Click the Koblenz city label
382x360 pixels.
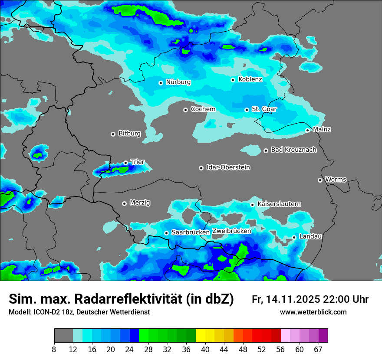(250, 79)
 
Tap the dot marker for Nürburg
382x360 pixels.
(161, 83)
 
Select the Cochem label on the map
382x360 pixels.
(203, 109)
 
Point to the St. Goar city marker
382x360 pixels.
(247, 110)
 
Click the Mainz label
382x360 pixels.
(322, 129)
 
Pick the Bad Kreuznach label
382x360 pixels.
(293, 150)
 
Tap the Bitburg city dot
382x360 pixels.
(113, 134)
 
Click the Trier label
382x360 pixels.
(138, 162)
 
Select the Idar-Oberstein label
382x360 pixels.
(228, 167)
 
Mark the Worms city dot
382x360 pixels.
(320, 180)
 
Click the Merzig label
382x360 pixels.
(140, 203)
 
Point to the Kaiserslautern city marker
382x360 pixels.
(252, 205)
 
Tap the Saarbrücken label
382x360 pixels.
(191, 232)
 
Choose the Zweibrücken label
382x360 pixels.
(232, 231)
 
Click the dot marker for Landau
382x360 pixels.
(294, 237)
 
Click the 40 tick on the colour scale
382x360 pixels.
(205, 349)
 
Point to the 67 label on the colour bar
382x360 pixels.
(318, 349)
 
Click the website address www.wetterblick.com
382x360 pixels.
(313, 312)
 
